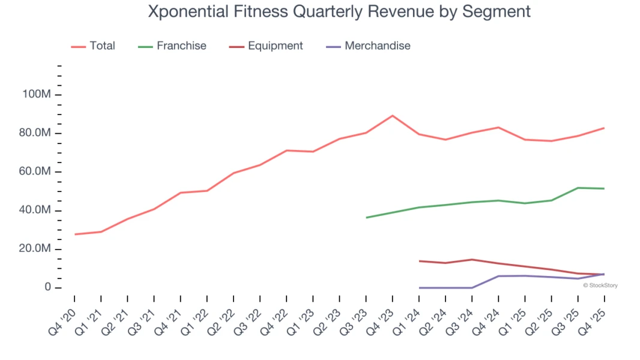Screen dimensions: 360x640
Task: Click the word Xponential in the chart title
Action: tap(187, 11)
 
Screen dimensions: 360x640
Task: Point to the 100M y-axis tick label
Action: tap(37, 95)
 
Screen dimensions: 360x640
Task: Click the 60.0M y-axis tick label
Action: tap(35, 172)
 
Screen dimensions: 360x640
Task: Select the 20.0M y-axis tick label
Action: tap(35, 249)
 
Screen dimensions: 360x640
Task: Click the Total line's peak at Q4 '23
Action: tap(393, 115)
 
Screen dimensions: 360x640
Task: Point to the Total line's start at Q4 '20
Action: tap(75, 234)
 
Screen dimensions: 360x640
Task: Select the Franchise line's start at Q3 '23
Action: tap(366, 217)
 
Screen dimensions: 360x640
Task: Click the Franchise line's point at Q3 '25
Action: tap(578, 188)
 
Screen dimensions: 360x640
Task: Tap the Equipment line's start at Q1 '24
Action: tap(419, 261)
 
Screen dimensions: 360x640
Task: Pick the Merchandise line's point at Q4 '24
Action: tap(498, 276)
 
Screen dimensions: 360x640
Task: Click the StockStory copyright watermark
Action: tap(600, 286)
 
